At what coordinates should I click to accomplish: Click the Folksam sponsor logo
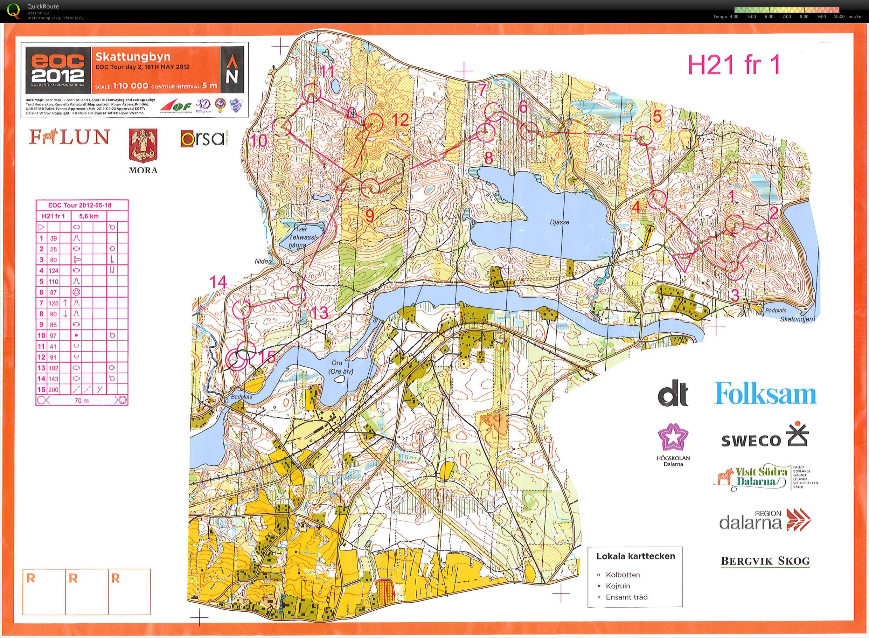point(765,394)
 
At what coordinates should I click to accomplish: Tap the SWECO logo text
point(751,441)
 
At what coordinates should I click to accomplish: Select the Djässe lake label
point(559,222)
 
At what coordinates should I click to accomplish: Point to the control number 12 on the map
point(399,120)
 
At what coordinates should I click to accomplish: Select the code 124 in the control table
point(53,271)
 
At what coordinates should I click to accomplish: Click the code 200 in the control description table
point(53,390)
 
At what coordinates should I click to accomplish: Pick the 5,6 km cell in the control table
point(89,216)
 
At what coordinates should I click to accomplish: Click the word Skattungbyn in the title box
point(133,57)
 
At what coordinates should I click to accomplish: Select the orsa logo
point(202,138)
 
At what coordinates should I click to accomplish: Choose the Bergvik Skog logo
point(765,561)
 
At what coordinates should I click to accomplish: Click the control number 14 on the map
point(218,282)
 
